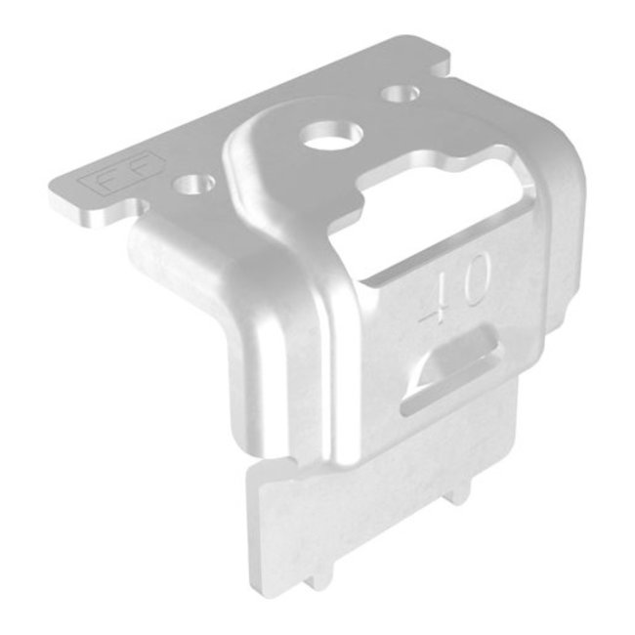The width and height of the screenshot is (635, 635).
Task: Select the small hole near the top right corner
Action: pos(399,96)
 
